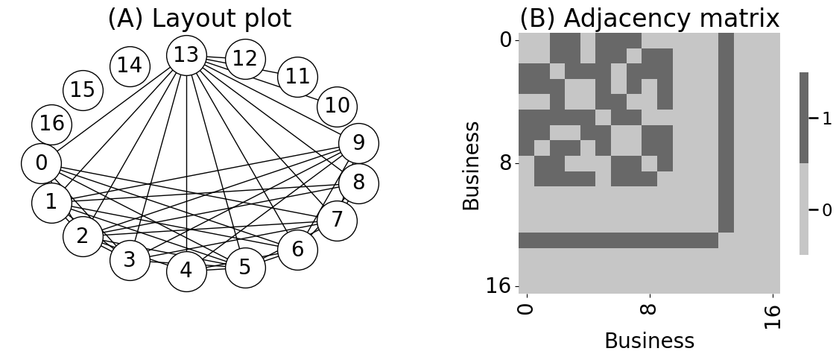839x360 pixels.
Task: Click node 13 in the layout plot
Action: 186,55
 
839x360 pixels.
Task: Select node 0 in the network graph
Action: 42,163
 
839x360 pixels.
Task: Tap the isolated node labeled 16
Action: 52,124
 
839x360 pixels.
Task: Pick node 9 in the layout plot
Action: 358,143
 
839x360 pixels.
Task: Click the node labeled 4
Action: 186,271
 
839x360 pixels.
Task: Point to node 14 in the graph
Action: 130,66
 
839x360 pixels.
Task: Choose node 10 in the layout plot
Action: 337,106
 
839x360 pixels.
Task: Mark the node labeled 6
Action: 297,250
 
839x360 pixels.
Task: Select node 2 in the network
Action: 83,236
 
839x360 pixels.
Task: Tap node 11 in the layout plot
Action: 297,77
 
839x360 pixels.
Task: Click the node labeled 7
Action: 337,221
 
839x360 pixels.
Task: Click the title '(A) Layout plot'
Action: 199,19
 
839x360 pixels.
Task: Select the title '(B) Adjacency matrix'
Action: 649,19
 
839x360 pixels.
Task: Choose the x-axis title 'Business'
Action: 649,341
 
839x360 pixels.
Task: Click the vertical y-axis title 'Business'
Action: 472,165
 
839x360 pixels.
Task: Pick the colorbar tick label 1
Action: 826,118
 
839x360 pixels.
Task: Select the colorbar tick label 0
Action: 826,210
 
